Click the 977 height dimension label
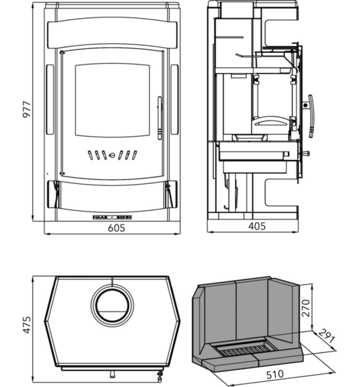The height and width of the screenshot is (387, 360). [27, 110]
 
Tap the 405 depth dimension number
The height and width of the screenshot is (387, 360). [257, 226]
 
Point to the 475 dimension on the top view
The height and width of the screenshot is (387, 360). [27, 325]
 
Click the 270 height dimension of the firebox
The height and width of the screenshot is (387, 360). [306, 308]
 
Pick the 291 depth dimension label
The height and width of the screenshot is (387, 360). [326, 336]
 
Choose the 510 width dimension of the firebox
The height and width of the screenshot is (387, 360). [275, 374]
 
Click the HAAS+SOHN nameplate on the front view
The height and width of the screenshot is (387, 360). [112, 217]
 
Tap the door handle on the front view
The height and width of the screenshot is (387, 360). [160, 118]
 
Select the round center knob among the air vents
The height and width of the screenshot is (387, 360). [112, 155]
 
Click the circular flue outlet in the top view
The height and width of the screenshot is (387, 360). [112, 305]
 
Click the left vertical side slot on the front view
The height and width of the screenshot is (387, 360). [50, 100]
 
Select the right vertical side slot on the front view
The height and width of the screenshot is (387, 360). [174, 100]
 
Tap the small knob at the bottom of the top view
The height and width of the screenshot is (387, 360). [112, 374]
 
